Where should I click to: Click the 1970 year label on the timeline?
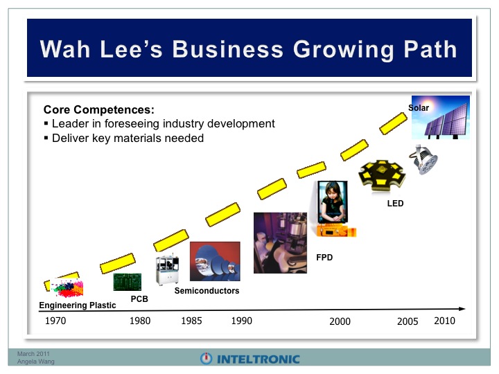55,321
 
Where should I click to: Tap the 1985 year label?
191,321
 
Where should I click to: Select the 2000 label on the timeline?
340,321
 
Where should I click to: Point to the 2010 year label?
444,321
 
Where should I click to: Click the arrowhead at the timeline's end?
462,308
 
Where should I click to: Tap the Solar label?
419,108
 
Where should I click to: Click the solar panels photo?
441,117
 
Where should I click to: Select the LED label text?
395,203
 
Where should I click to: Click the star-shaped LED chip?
382,176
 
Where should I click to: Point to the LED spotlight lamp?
423,160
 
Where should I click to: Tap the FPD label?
324,257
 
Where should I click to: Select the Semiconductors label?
207,291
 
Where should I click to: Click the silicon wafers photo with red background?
215,261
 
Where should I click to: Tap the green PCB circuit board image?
128,282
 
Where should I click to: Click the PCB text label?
139,299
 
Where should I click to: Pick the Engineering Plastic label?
78,305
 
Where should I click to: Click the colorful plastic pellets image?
67,287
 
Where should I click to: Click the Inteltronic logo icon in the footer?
207,359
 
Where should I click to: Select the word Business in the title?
228,49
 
